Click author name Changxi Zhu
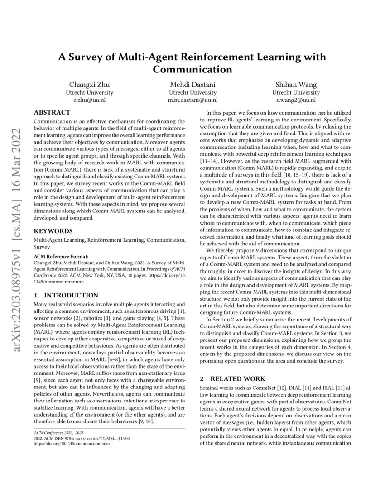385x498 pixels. [x=89, y=85]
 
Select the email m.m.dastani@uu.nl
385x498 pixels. [x=192, y=100]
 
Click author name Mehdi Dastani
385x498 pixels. [x=192, y=85]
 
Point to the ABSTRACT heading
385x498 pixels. [x=52, y=112]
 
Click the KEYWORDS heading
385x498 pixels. [x=53, y=230]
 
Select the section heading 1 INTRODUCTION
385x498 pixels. [x=66, y=295]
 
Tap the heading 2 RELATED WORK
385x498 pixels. [x=232, y=378]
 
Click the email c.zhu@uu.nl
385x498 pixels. [x=89, y=100]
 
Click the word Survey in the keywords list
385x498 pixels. [x=42, y=247]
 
